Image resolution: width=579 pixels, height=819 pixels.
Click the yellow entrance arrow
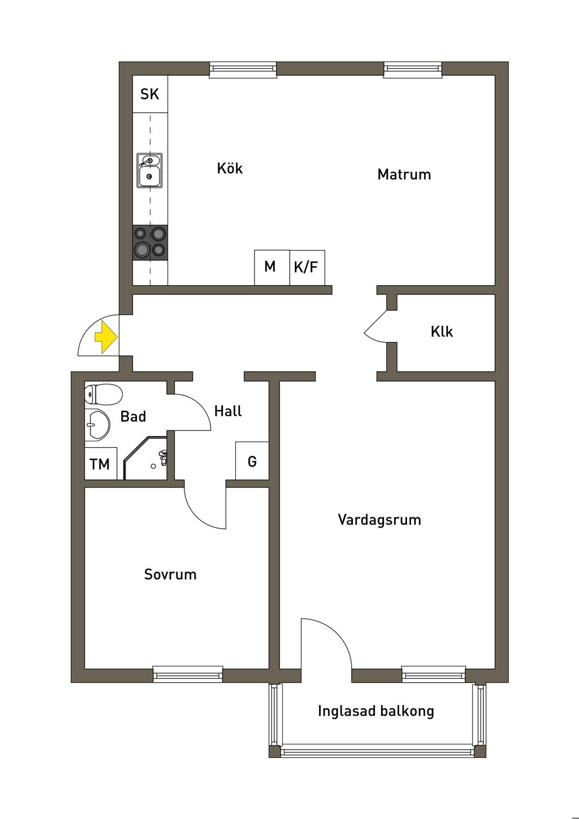click(x=105, y=337)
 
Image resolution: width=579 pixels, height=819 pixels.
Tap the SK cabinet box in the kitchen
click(x=150, y=94)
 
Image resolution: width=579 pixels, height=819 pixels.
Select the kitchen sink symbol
click(x=149, y=170)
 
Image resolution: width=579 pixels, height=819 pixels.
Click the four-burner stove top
click(x=150, y=242)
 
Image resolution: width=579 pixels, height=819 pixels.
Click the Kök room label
click(x=230, y=169)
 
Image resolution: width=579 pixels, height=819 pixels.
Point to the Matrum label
click(x=404, y=174)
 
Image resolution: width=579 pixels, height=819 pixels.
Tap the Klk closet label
click(x=442, y=331)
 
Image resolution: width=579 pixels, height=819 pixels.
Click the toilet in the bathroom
click(x=104, y=394)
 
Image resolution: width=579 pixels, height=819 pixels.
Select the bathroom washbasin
click(x=98, y=425)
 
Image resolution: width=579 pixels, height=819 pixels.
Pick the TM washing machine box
click(x=100, y=464)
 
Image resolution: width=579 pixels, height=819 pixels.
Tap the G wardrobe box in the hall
click(x=252, y=461)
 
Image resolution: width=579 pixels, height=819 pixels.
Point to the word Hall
click(x=228, y=411)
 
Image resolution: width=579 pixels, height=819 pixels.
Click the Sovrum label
click(x=170, y=575)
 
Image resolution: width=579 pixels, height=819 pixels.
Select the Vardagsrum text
click(x=379, y=520)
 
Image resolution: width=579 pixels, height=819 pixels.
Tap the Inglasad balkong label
click(x=376, y=711)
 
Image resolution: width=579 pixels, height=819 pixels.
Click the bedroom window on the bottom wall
click(x=188, y=674)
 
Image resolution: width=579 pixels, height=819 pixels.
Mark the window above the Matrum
click(x=413, y=70)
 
